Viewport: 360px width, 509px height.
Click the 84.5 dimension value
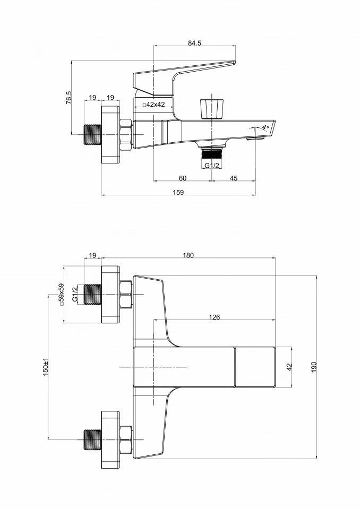194,43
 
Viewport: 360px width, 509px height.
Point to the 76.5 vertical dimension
69,99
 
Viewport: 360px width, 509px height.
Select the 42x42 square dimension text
155,105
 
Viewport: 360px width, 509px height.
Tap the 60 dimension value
182,178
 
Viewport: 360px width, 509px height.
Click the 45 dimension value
234,178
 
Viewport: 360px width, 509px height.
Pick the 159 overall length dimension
178,192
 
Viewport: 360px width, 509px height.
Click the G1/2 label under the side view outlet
213,165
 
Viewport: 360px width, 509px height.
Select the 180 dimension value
188,255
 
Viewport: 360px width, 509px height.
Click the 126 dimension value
214,317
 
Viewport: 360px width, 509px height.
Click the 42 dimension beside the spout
289,367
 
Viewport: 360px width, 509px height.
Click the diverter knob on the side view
211,108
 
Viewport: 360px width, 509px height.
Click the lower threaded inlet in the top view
92,438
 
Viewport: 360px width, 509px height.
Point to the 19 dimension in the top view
92,255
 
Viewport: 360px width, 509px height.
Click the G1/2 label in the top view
75,294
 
